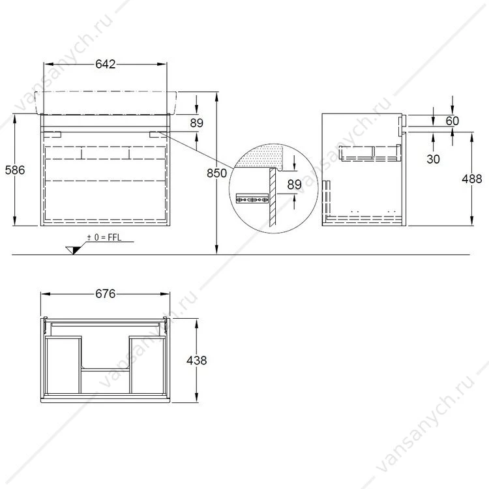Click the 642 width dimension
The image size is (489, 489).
(106, 64)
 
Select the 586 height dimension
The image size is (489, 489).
(15, 170)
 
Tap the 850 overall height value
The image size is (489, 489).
(216, 173)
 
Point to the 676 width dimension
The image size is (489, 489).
(106, 294)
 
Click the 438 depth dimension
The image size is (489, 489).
(196, 361)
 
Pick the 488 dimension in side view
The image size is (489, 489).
(472, 179)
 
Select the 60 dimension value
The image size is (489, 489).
(452, 121)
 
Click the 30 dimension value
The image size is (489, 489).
(433, 159)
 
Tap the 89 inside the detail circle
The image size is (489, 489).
(295, 185)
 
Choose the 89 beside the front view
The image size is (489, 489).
(196, 123)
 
